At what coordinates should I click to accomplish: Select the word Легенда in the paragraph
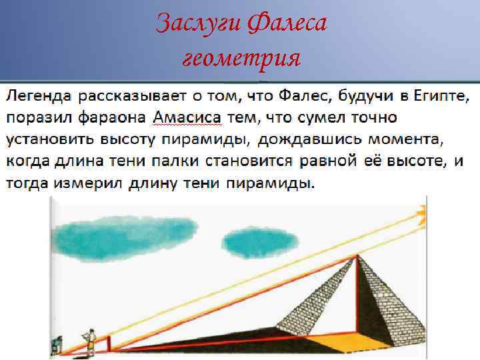38,95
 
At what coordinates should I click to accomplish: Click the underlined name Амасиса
186,118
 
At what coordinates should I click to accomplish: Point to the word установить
51,140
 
